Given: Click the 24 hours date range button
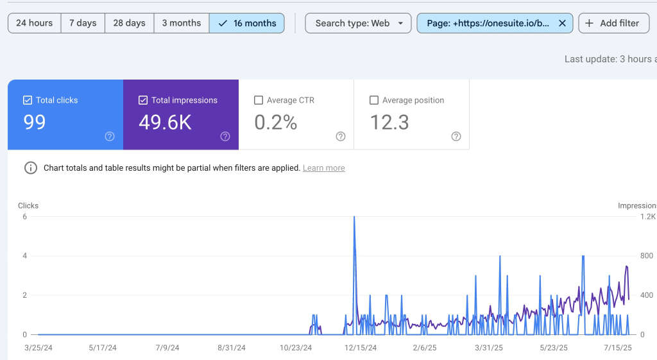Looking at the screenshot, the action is [x=35, y=23].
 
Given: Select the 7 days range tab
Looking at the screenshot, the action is [x=83, y=23].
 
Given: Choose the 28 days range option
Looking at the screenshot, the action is [x=129, y=23].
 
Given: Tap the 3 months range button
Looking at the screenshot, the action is [x=182, y=23].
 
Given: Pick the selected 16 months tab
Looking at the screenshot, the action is [x=247, y=23].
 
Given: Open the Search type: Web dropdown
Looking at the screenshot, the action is [x=358, y=23].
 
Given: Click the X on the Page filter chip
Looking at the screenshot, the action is [x=562, y=24].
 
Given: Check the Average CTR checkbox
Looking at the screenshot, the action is [x=259, y=100].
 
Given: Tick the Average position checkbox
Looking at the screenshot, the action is [x=374, y=100].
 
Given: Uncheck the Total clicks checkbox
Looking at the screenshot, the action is [x=27, y=100].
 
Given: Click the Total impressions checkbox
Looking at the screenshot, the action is [x=143, y=100].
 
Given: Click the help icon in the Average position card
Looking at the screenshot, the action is [x=456, y=136].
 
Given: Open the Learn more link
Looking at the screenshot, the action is [x=324, y=168].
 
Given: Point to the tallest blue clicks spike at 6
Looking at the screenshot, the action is [x=354, y=217].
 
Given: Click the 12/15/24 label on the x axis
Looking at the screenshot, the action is [x=361, y=348].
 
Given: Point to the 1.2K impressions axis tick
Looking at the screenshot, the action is [x=648, y=217].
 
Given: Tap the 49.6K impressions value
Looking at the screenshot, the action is [x=165, y=123].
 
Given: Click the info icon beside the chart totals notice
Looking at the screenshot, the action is [x=31, y=168].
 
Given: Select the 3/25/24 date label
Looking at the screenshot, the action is [x=38, y=348].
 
